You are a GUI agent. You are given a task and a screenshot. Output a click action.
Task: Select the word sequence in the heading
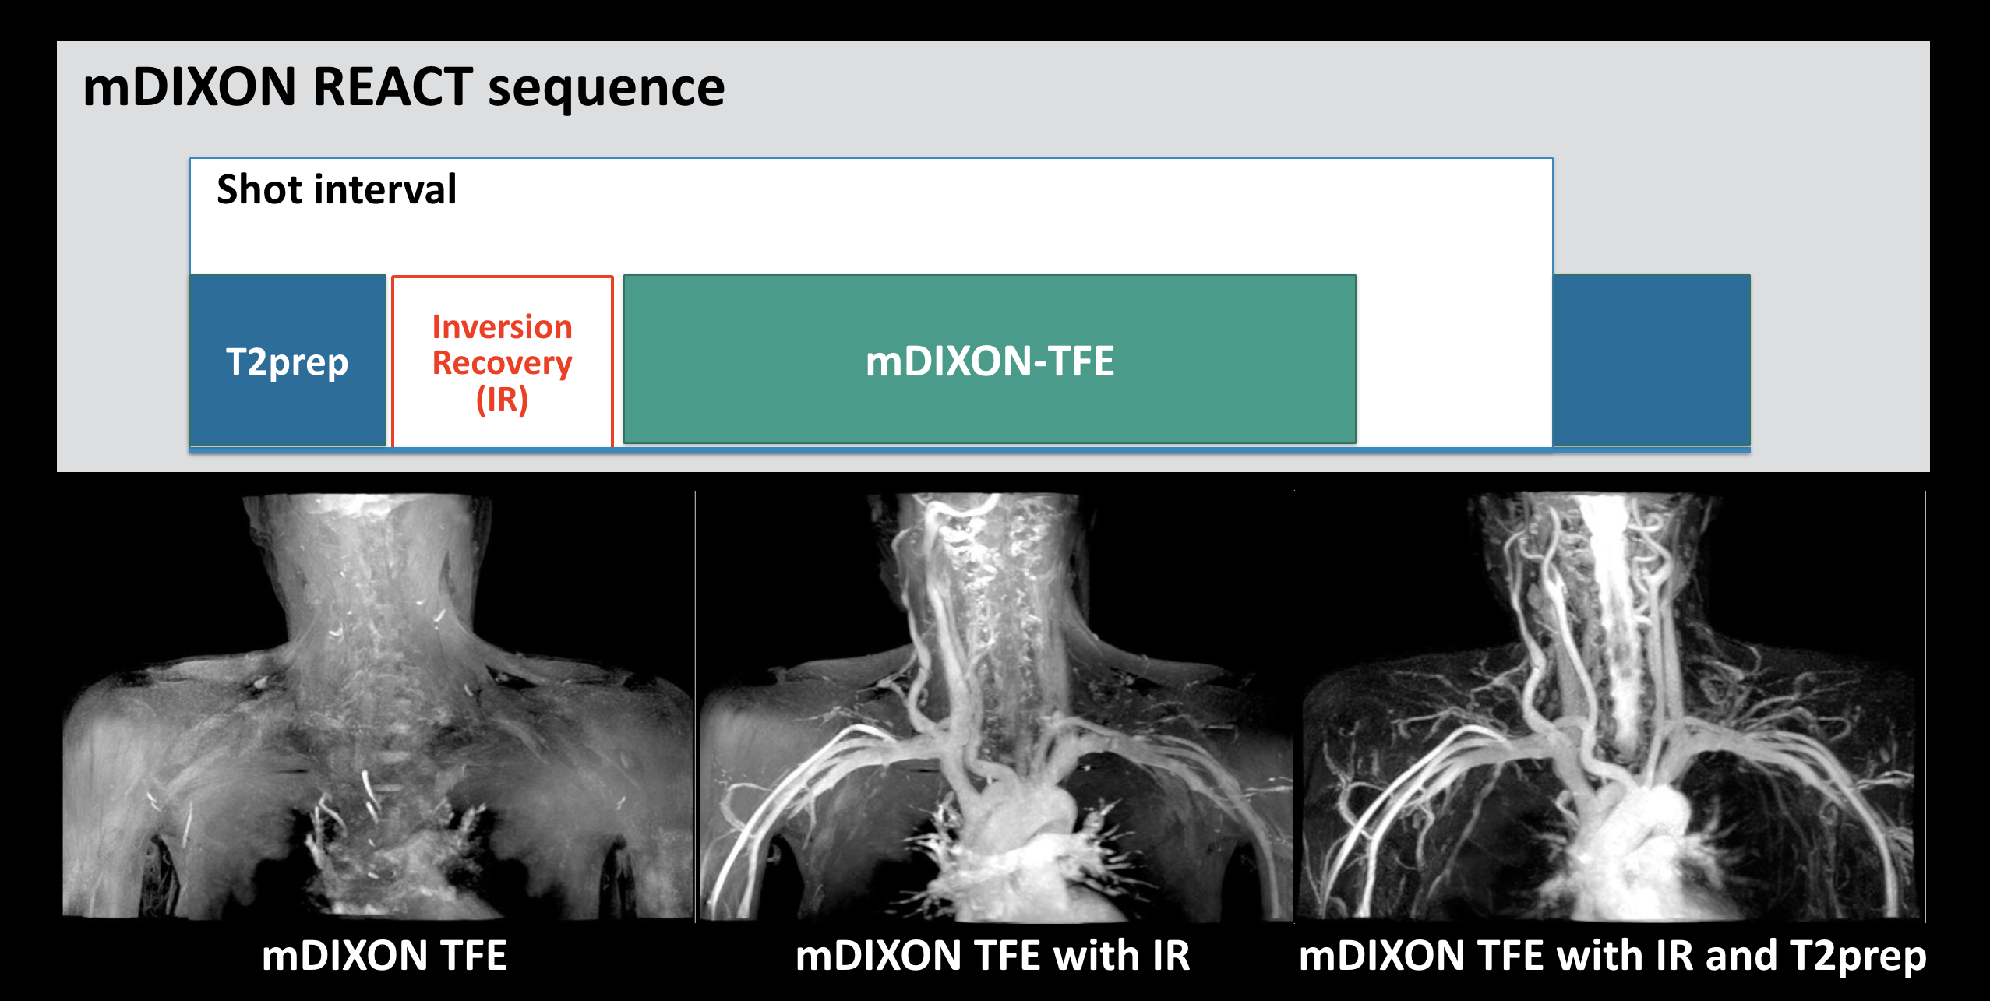pyautogui.click(x=606, y=89)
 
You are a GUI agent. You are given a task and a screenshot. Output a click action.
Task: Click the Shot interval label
pyautogui.click(x=337, y=189)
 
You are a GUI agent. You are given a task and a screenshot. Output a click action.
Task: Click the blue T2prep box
pyautogui.click(x=288, y=360)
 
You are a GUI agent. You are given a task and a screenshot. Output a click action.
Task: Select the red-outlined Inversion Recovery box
pyautogui.click(x=503, y=361)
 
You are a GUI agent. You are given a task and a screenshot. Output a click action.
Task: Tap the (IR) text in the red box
pyautogui.click(x=503, y=400)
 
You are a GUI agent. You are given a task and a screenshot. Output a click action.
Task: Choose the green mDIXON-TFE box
pyautogui.click(x=990, y=359)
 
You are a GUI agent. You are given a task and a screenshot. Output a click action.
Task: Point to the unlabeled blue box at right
pyautogui.click(x=1652, y=360)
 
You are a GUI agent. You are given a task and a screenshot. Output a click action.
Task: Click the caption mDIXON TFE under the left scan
pyautogui.click(x=384, y=956)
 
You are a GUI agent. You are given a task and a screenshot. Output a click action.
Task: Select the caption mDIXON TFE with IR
pyautogui.click(x=993, y=956)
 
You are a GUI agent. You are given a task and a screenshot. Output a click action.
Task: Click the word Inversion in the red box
pyautogui.click(x=503, y=327)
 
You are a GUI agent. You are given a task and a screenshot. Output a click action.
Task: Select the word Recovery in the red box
pyautogui.click(x=503, y=364)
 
